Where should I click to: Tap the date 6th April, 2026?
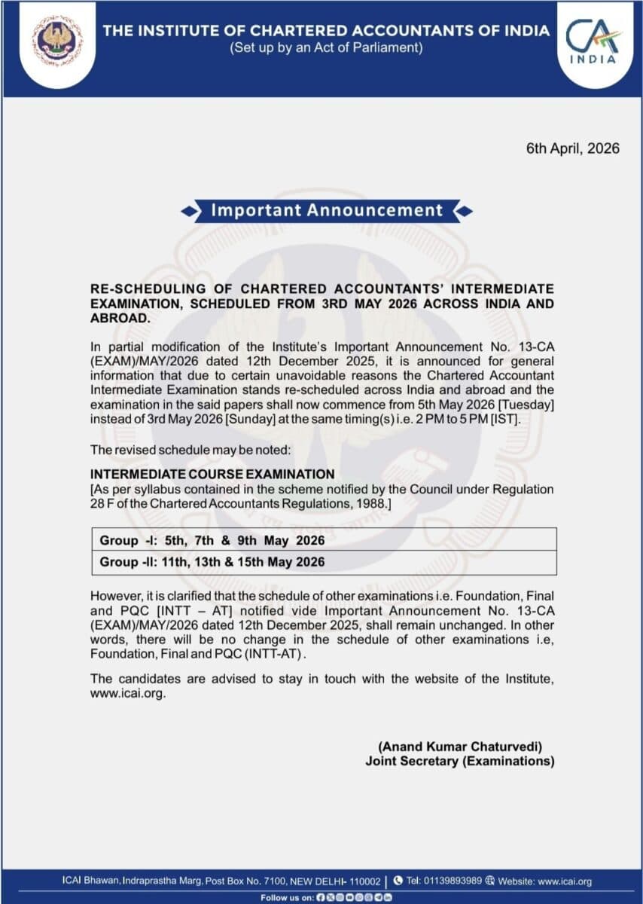point(572,148)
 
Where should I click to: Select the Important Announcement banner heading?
point(327,211)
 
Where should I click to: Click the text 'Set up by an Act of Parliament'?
point(326,48)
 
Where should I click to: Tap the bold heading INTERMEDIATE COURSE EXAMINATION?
point(212,475)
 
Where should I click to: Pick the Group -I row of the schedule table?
point(212,540)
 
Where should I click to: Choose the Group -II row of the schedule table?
point(212,562)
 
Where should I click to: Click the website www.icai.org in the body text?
point(126,694)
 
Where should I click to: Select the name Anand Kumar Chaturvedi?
point(459,747)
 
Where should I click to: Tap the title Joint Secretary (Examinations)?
point(459,761)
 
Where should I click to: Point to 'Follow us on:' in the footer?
point(286,897)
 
